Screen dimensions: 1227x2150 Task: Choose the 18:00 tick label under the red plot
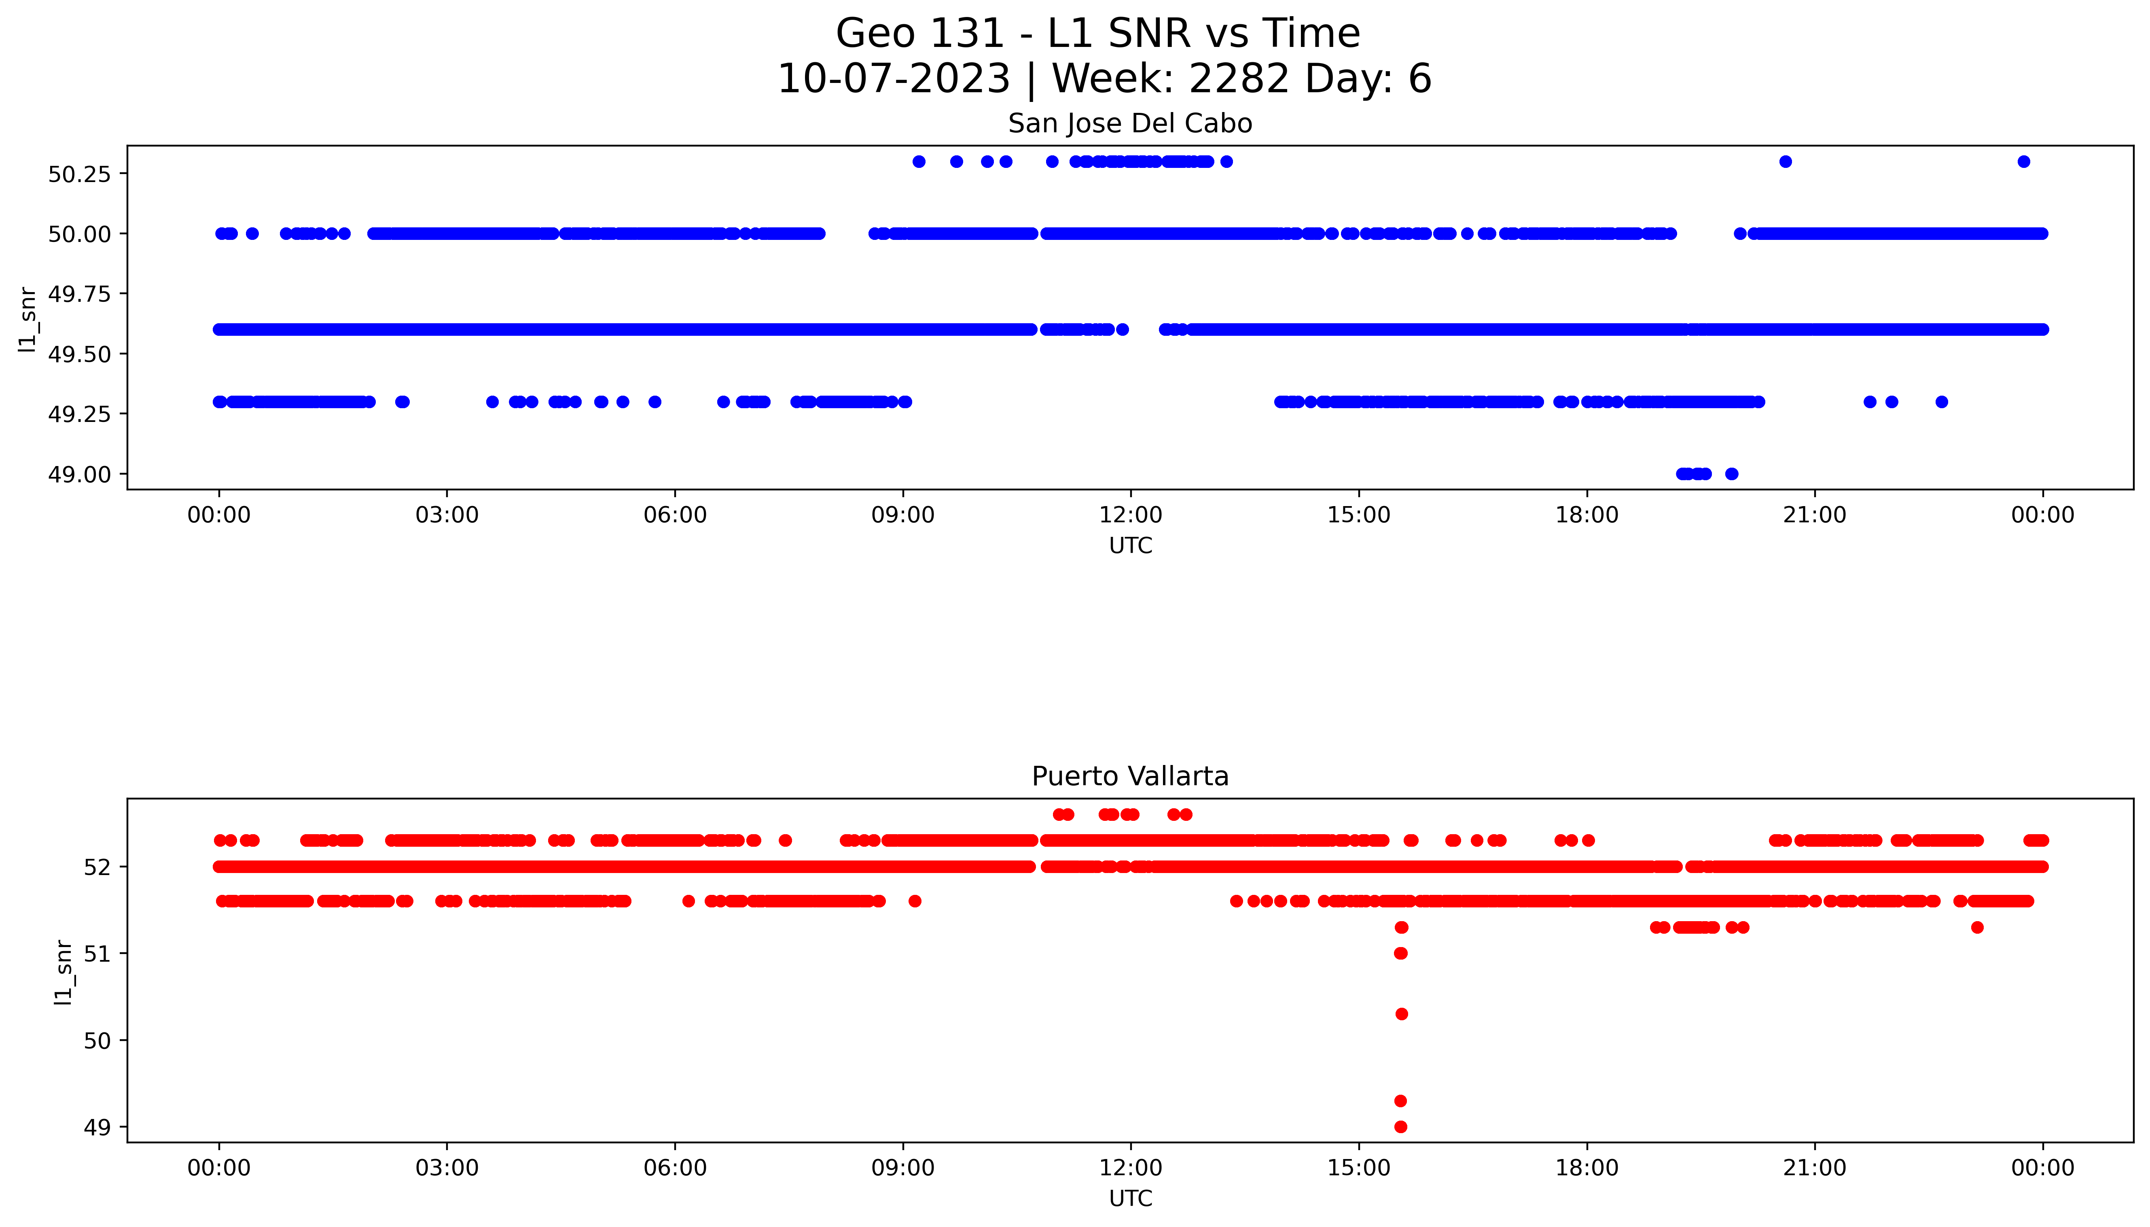(1587, 1168)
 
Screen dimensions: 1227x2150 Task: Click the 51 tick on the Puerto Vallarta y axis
(97, 954)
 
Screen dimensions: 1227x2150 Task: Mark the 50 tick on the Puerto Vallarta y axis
(97, 1041)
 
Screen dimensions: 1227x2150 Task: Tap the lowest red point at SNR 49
(1400, 1127)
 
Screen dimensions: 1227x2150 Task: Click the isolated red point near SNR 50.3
(1401, 1014)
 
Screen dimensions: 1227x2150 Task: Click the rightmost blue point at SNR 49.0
(1731, 474)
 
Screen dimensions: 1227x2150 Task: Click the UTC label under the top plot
(1130, 546)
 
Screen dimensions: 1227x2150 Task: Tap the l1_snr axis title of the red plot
(62, 972)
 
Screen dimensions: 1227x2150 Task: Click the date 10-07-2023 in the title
(893, 79)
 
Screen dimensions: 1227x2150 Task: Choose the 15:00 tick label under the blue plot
(1358, 515)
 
